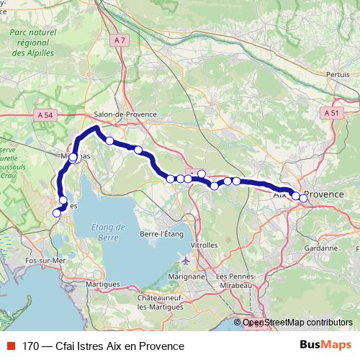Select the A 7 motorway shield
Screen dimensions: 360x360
click(x=120, y=43)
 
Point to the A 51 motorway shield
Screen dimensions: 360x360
click(x=331, y=113)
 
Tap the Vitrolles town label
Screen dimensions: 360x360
click(x=204, y=245)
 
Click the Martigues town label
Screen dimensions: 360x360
click(x=102, y=284)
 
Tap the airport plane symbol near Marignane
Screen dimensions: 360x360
click(x=187, y=260)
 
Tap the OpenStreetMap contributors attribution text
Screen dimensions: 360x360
click(x=297, y=323)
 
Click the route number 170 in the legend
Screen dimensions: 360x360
click(x=31, y=346)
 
